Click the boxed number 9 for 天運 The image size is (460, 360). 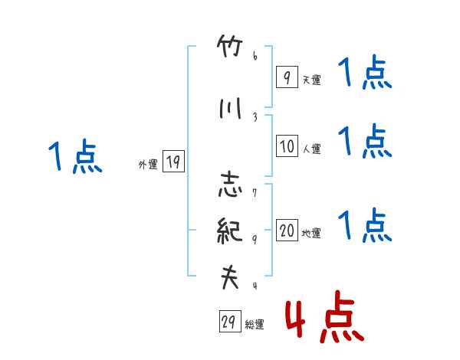[286, 77]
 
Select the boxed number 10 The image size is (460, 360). [287, 146]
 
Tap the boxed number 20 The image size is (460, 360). [287, 231]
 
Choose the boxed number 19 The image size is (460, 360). [173, 162]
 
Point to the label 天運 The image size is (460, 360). [311, 80]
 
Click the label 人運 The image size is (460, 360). [311, 149]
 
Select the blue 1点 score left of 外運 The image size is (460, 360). [74, 158]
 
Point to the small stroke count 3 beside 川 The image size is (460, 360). [254, 116]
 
